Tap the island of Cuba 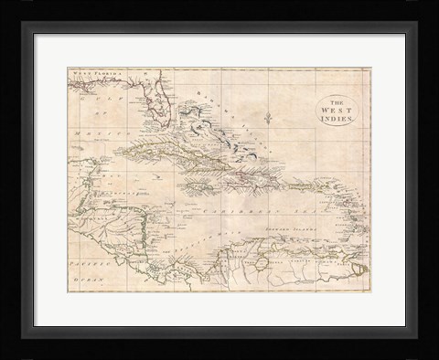pos(155,152)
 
